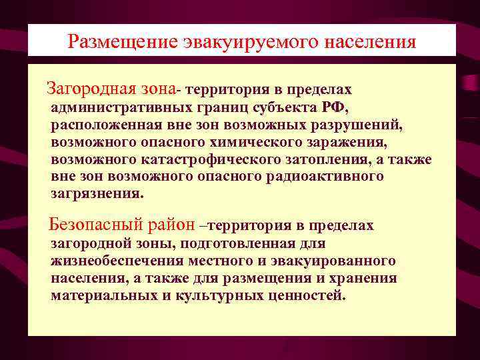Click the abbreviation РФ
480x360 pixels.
[333, 108]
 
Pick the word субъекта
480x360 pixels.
[289, 108]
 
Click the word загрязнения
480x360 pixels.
[97, 195]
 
